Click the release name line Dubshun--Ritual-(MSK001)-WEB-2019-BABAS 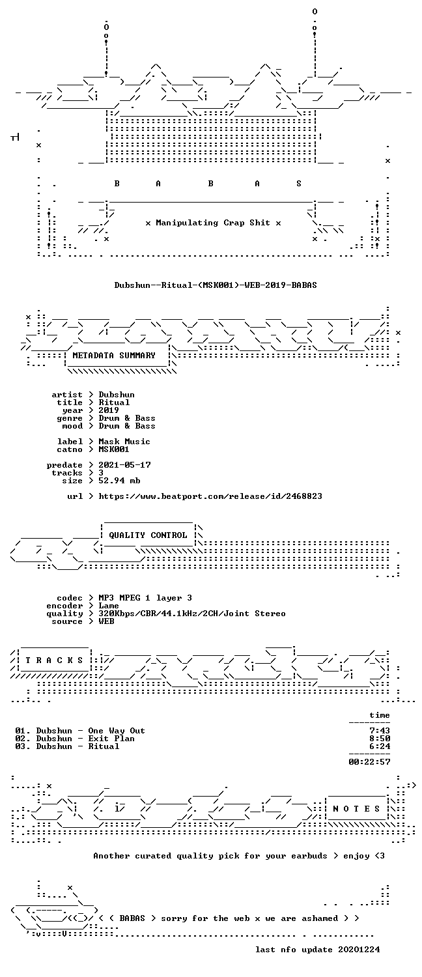(216, 285)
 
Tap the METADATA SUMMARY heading (114, 356)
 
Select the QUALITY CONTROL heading (148, 535)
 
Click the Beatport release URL (210, 496)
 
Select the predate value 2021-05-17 (124, 465)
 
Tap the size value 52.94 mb (119, 481)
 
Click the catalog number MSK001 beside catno (114, 449)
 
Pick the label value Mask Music (124, 442)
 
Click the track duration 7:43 (380, 731)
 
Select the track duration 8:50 (380, 739)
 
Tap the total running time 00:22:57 (369, 762)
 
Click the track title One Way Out (117, 731)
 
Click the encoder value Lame (109, 606)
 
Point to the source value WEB (106, 621)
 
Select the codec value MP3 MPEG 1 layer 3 (145, 598)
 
